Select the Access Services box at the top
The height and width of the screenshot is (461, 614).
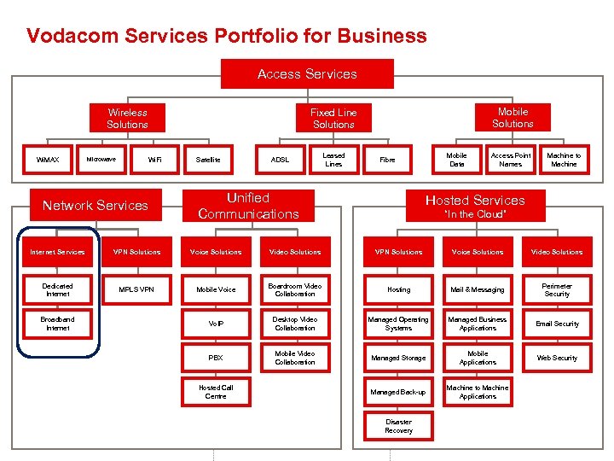(x=307, y=74)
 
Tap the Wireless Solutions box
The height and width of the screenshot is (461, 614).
(x=127, y=119)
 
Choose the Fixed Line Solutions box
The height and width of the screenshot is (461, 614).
(x=333, y=119)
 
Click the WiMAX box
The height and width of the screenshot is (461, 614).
(x=47, y=160)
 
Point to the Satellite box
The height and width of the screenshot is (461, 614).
(x=208, y=160)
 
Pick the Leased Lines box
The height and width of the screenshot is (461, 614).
(x=333, y=160)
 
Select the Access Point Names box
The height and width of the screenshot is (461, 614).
(x=511, y=160)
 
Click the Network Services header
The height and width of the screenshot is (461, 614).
(x=96, y=205)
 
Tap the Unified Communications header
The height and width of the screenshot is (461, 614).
(x=248, y=205)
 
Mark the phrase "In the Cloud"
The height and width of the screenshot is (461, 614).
(x=475, y=214)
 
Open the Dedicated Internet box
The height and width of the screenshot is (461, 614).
(x=58, y=289)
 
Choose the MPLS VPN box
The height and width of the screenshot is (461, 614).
(x=136, y=289)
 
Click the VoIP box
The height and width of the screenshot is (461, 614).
(x=216, y=324)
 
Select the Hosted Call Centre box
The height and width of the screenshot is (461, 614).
(x=216, y=392)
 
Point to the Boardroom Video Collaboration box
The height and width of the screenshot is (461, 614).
(x=295, y=289)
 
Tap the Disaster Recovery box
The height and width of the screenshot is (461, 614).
(x=398, y=426)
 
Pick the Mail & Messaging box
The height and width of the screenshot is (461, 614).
(x=478, y=289)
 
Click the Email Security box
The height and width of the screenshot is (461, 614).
(x=557, y=324)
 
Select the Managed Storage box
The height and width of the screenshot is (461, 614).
(x=398, y=358)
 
